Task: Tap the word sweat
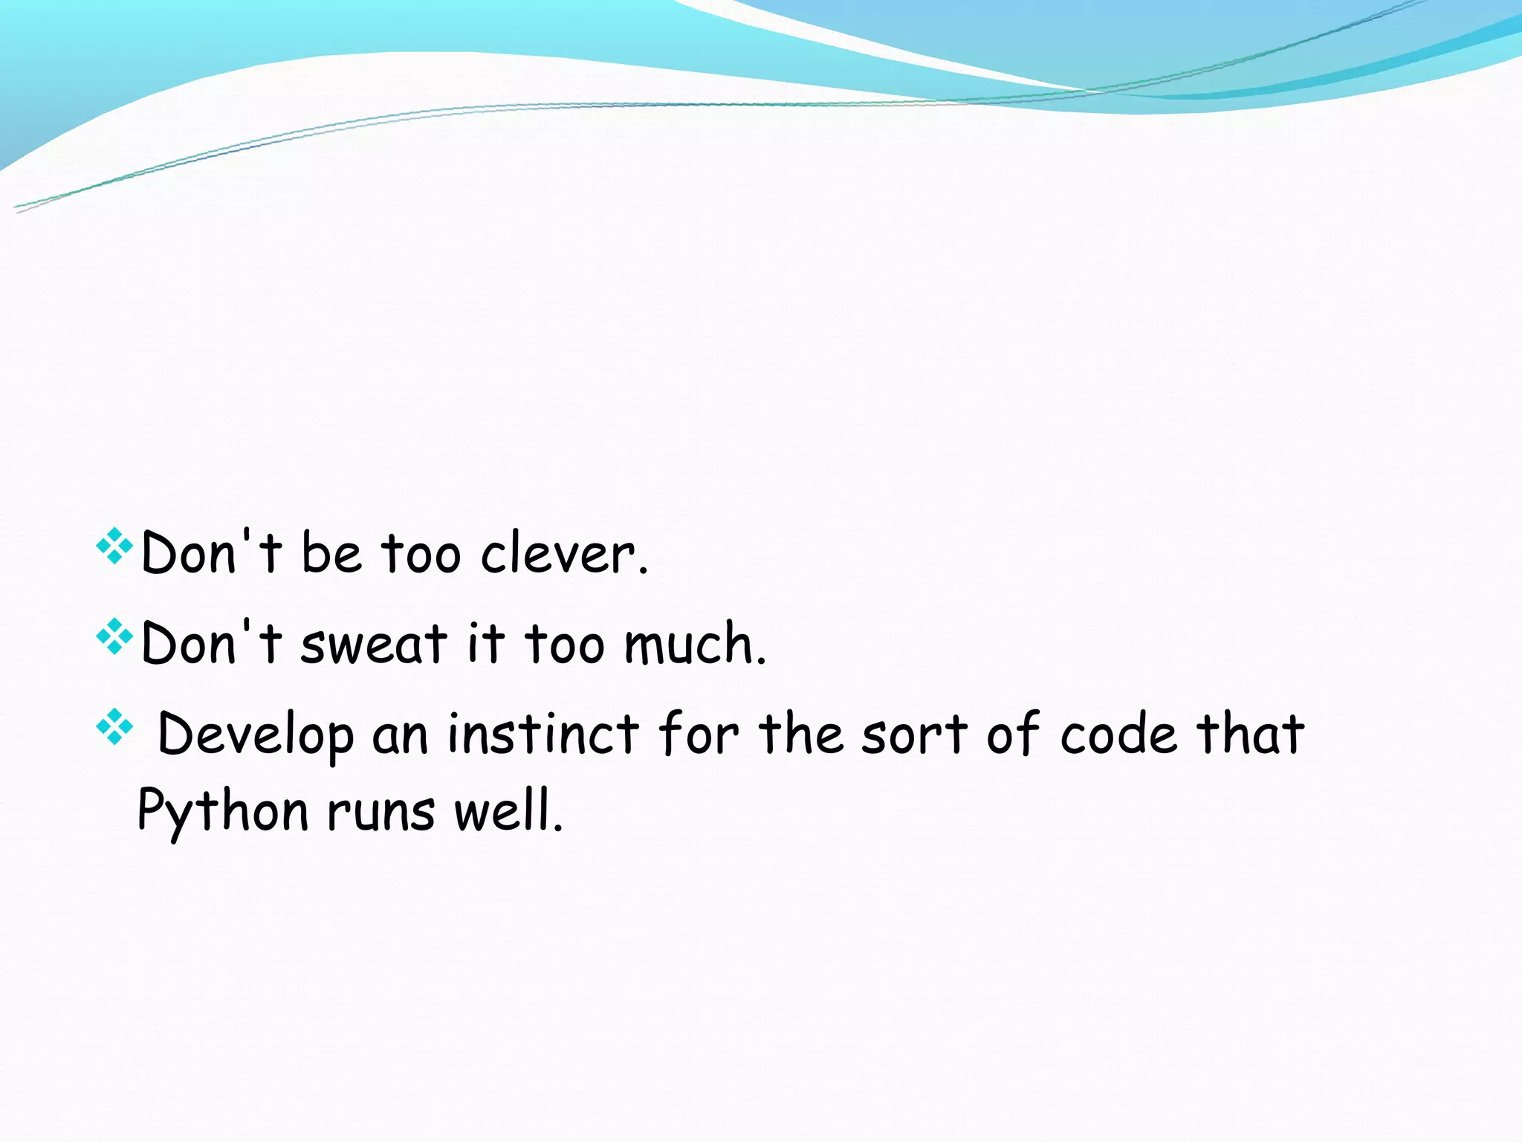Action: (x=374, y=644)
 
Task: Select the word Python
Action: (x=222, y=811)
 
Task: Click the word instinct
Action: (x=543, y=734)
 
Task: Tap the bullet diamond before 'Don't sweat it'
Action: (x=114, y=636)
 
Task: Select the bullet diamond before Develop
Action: (x=114, y=726)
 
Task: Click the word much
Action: (x=694, y=644)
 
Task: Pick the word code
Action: (x=1118, y=734)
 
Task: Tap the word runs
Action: (x=380, y=811)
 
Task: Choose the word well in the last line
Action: (x=508, y=810)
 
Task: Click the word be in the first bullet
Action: (x=331, y=554)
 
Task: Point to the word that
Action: (x=1250, y=734)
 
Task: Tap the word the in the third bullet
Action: (x=801, y=734)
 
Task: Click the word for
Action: (x=699, y=734)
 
